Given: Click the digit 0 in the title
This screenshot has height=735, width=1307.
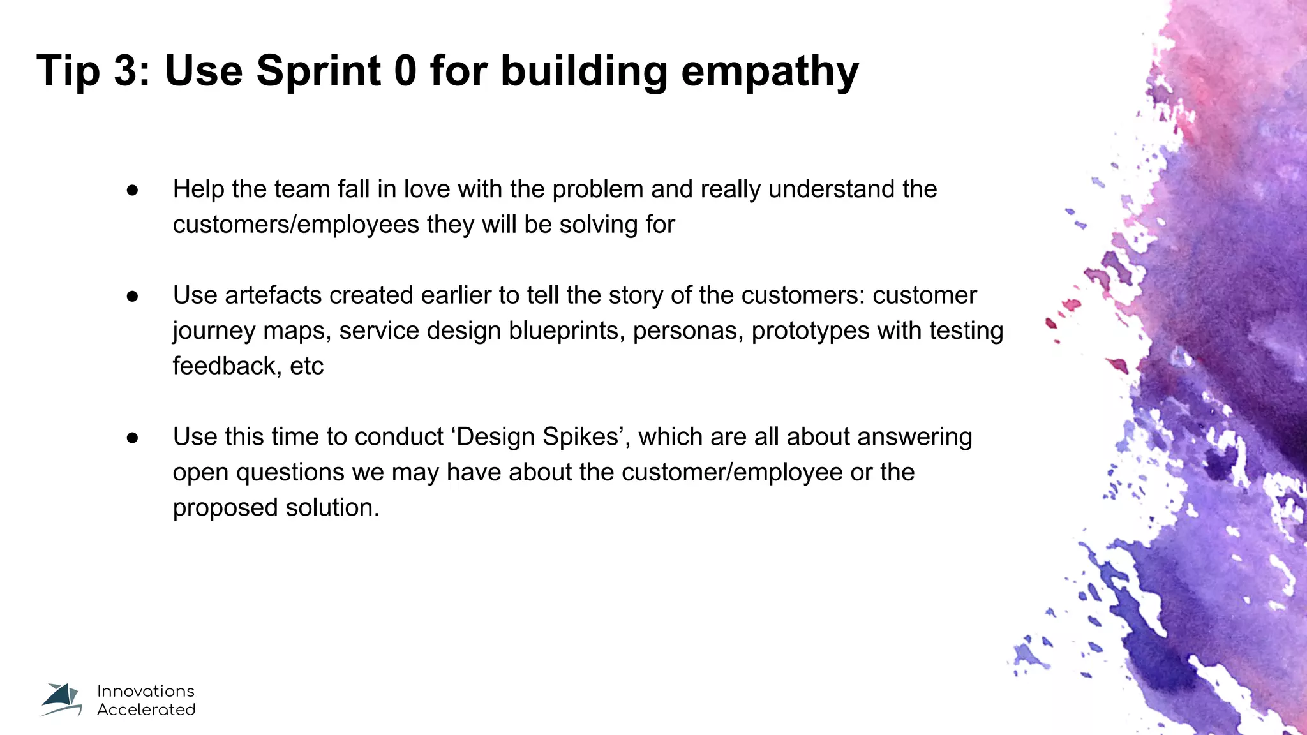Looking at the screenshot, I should click(405, 70).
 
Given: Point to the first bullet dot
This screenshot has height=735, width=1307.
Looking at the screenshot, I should click(133, 190).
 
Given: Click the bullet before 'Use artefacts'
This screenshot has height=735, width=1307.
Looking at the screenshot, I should click(133, 296).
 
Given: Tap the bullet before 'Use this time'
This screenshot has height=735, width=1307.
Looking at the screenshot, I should click(133, 438).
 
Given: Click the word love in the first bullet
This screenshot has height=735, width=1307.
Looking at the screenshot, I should click(427, 189).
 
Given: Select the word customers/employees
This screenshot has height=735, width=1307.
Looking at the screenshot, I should click(295, 225).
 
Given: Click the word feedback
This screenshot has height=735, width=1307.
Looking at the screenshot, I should click(227, 366).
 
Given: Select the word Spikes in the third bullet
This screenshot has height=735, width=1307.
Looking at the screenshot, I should click(581, 438).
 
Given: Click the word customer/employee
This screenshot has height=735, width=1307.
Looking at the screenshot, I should click(732, 473).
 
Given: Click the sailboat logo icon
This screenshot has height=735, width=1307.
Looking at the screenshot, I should click(61, 700).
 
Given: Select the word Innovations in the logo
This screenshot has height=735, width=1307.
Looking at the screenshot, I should click(146, 691).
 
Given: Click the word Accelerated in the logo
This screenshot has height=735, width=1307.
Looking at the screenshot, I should click(146, 709).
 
